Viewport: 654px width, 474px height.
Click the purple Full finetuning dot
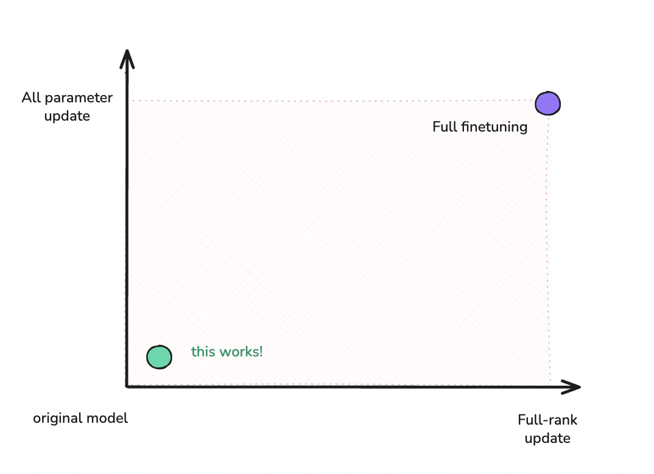coord(547,103)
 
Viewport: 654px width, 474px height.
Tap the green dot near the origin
coord(159,357)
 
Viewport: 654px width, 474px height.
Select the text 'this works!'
coord(227,352)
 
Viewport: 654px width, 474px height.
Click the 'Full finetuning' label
coord(479,127)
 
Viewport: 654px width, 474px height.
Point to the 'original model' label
coord(80,419)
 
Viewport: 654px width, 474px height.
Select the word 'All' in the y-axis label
coord(31,97)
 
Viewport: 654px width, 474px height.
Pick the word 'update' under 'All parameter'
coord(67,116)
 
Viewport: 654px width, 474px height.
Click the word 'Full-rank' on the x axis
coord(547,420)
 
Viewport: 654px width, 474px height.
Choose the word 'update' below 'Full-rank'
coord(547,438)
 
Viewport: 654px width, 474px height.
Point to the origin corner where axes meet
coord(127,386)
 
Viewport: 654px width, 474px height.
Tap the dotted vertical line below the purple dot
coord(549,244)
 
